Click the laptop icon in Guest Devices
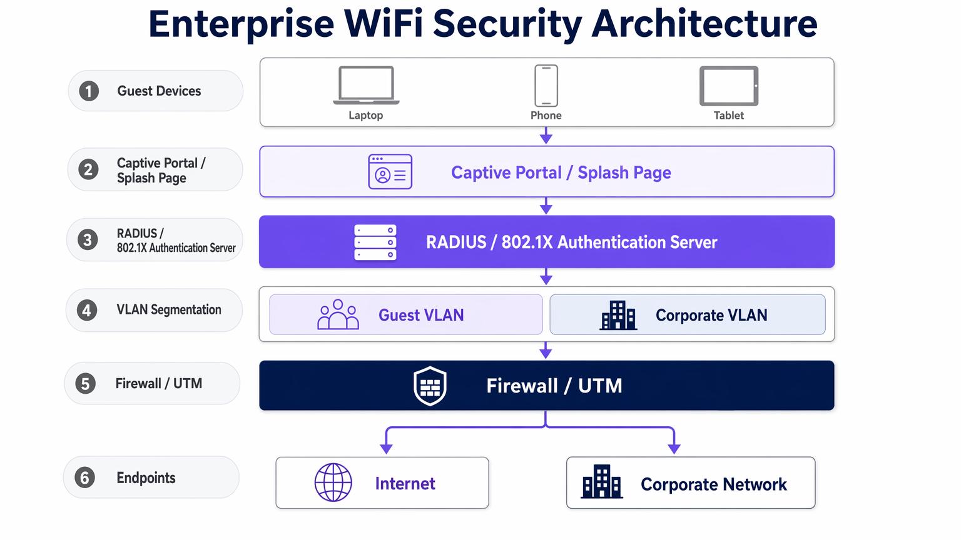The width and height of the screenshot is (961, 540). [366, 85]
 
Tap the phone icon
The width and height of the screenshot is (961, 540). [546, 86]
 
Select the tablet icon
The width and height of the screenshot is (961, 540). [729, 86]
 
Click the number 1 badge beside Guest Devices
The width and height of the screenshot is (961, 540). [89, 91]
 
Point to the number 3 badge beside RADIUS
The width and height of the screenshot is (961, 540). [88, 239]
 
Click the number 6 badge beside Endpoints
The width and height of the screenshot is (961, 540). [85, 478]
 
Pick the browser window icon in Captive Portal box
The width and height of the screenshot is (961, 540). [390, 171]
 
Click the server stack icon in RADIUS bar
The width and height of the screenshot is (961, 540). [375, 242]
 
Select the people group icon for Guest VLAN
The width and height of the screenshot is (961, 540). [338, 314]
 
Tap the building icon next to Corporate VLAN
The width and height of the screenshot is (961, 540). [618, 315]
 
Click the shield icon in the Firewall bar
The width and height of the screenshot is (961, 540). [430, 386]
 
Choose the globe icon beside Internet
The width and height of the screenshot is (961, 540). [333, 482]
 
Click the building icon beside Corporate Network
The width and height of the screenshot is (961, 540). [601, 482]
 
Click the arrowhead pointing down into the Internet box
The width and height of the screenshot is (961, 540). [387, 448]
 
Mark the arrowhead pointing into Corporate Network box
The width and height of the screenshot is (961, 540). [674, 448]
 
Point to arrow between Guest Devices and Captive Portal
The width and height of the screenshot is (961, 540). [546, 136]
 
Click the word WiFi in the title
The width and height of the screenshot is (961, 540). [383, 24]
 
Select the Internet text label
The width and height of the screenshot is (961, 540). [405, 484]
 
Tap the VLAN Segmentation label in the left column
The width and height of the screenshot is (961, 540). [169, 310]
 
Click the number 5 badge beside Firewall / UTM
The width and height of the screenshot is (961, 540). [86, 384]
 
